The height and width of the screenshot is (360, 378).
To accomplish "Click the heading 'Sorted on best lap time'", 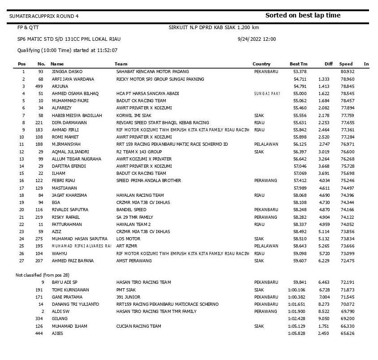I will click(x=303, y=15).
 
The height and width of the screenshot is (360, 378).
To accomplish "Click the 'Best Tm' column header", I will click(x=298, y=64).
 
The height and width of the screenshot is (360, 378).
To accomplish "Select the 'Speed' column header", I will click(x=346, y=64).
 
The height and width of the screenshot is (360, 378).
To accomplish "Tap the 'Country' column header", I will click(x=261, y=64).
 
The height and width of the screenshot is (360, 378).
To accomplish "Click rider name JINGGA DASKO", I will click(x=67, y=72).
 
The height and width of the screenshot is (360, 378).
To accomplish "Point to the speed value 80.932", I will click(x=347, y=72).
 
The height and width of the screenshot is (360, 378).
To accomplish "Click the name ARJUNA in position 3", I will click(x=60, y=86).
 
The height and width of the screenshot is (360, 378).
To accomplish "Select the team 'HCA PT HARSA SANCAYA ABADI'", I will click(x=147, y=94).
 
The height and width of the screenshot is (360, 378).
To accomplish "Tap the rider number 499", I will click(x=39, y=86).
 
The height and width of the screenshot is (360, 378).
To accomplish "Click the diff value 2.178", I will click(x=324, y=115).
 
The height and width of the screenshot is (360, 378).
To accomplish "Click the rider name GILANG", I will click(x=60, y=319).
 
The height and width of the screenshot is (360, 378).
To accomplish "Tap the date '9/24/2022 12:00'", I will click(x=257, y=39).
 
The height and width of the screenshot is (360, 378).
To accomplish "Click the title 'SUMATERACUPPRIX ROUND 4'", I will click(x=44, y=16).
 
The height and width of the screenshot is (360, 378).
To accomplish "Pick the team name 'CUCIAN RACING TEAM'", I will click(x=138, y=326).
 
